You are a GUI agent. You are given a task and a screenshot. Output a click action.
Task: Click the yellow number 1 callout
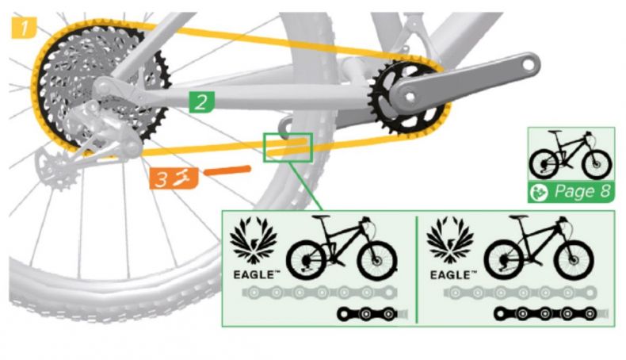click(24, 28)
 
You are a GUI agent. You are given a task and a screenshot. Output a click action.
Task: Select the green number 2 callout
click(202, 101)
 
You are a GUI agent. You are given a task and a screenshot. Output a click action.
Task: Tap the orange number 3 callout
click(174, 178)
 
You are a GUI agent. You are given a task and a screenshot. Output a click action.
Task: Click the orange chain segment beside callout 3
click(227, 171)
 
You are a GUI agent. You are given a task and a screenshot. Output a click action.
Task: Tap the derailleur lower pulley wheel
click(56, 168)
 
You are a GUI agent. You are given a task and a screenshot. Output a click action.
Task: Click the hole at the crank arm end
click(528, 64)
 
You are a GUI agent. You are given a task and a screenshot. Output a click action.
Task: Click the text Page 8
click(583, 191)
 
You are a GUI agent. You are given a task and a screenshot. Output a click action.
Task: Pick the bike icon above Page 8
click(570, 155)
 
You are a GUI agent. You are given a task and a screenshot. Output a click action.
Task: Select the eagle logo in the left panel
click(254, 240)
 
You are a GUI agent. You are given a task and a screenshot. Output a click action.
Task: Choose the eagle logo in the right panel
click(450, 240)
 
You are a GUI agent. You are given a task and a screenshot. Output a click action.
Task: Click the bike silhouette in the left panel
click(342, 247)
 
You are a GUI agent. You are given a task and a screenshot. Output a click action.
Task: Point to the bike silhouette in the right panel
click(539, 247)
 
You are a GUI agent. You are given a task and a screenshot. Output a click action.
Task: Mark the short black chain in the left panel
click(368, 314)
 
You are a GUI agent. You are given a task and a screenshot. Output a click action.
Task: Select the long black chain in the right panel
click(545, 314)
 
